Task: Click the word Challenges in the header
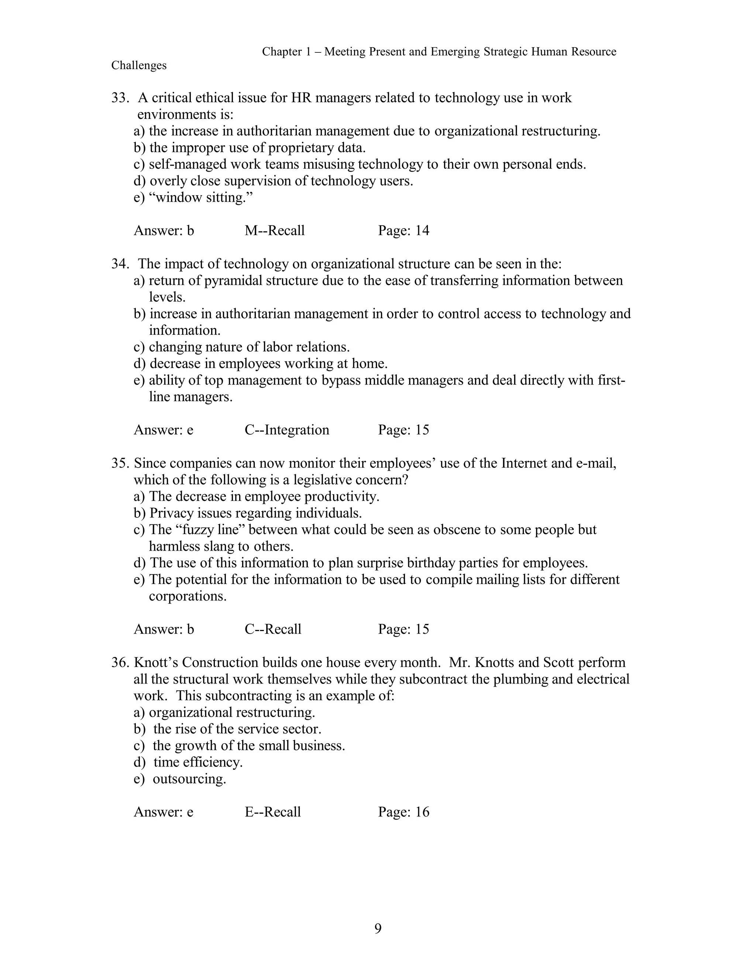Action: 139,65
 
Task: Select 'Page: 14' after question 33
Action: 403,231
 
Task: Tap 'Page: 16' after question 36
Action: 403,812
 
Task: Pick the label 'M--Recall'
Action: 275,231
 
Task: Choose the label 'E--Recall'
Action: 273,812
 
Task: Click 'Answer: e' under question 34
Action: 164,430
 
